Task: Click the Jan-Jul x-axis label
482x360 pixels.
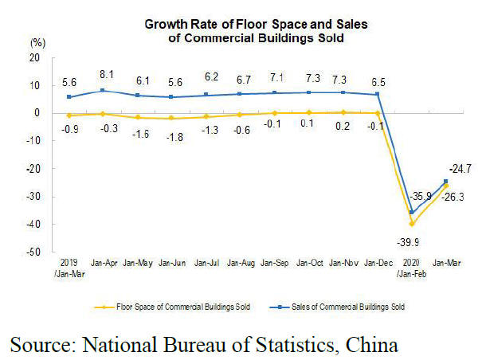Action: pyautogui.click(x=206, y=261)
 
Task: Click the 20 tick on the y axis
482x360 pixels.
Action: pyautogui.click(x=33, y=57)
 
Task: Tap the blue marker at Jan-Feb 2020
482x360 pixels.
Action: pyautogui.click(x=412, y=213)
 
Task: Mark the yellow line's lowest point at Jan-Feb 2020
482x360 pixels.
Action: pyautogui.click(x=412, y=224)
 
